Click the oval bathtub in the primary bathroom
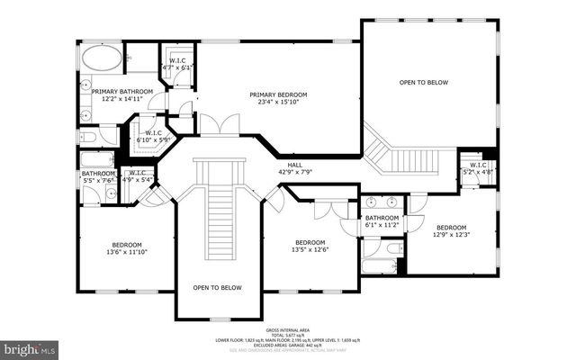pyautogui.click(x=101, y=59)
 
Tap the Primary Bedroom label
pyautogui.click(x=278, y=94)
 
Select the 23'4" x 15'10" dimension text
pyautogui.click(x=278, y=103)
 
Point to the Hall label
pyautogui.click(x=295, y=164)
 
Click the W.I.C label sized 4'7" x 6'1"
pyautogui.click(x=178, y=64)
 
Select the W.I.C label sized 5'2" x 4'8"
pyautogui.click(x=476, y=167)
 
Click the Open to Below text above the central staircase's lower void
pyautogui.click(x=218, y=287)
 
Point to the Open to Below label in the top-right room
pyautogui.click(x=424, y=82)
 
